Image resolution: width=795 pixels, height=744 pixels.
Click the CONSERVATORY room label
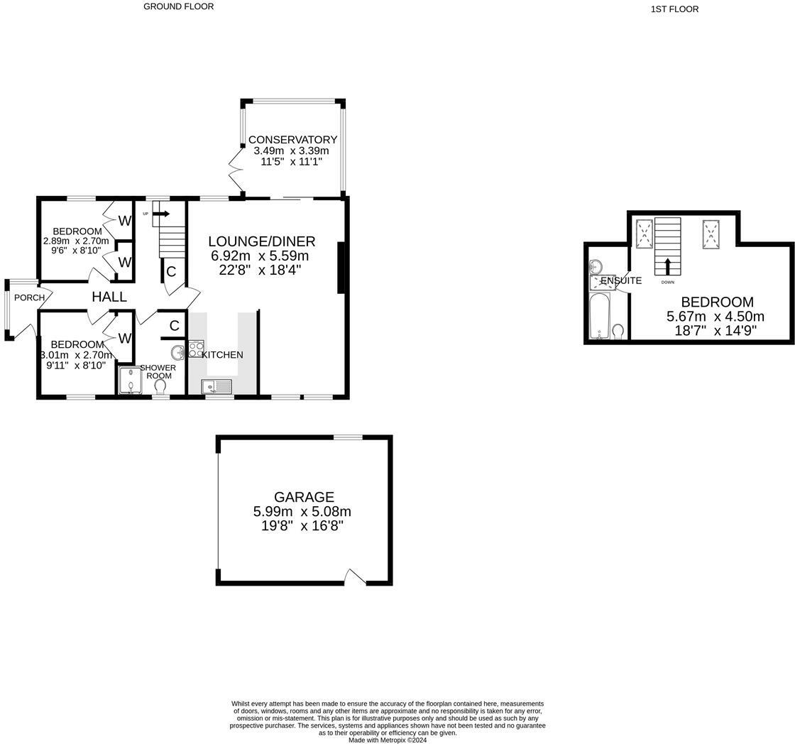pyautogui.click(x=292, y=140)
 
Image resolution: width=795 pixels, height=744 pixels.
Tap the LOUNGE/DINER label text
pyautogui.click(x=262, y=241)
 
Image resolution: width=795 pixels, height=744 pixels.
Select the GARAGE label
pyautogui.click(x=304, y=497)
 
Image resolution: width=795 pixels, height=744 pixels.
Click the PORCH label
pyautogui.click(x=29, y=297)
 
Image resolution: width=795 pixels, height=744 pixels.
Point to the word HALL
pyautogui.click(x=109, y=297)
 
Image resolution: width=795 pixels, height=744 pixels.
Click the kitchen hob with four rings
pyautogui.click(x=197, y=349)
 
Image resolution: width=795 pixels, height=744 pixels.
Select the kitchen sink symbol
pyautogui.click(x=216, y=387)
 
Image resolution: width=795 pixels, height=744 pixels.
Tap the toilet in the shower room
pyautogui.click(x=160, y=385)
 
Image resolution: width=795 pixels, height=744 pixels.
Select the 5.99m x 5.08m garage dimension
pyautogui.click(x=302, y=512)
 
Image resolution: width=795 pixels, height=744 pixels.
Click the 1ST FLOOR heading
pyautogui.click(x=674, y=9)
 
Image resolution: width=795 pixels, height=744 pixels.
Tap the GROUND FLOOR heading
pyautogui.click(x=178, y=6)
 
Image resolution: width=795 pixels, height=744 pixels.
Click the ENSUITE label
pyautogui.click(x=622, y=280)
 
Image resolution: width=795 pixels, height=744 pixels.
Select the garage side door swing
pyautogui.click(x=354, y=578)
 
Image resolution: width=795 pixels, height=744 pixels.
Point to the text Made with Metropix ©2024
pyautogui.click(x=388, y=740)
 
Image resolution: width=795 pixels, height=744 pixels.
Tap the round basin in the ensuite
pyautogui.click(x=595, y=267)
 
